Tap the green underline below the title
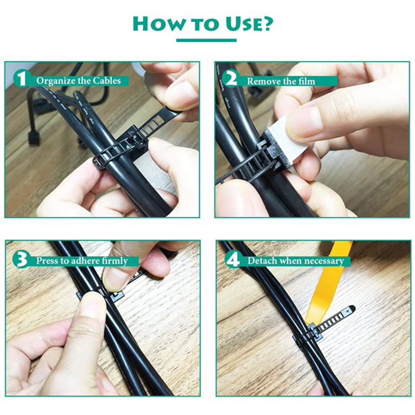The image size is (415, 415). point(206,40)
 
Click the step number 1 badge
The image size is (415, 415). point(22,80)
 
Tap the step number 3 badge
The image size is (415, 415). point(21,260)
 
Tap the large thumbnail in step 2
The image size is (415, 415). point(306,122)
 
